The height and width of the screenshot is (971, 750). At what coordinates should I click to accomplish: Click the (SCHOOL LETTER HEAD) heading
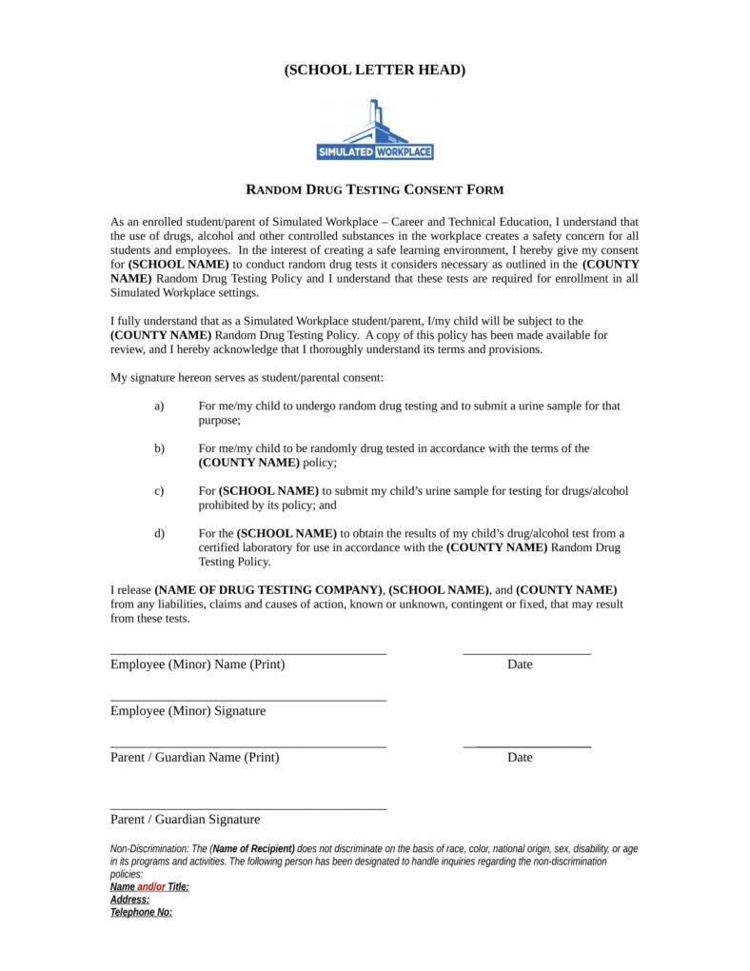(375, 69)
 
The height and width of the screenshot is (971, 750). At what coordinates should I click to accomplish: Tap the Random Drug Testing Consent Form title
(375, 189)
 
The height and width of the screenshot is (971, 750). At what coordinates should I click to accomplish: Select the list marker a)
(159, 406)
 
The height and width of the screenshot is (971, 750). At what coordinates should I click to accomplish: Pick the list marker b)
(159, 447)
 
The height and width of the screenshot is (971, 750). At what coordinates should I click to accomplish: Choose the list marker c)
(159, 490)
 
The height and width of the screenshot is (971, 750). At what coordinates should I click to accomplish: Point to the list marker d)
(159, 533)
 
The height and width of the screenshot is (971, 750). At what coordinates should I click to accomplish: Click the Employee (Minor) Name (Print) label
(197, 664)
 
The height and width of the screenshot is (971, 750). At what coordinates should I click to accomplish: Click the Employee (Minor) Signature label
(187, 711)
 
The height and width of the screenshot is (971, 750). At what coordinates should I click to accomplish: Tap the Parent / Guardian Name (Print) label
(194, 758)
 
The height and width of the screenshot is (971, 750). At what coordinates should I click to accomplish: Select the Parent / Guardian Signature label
(185, 819)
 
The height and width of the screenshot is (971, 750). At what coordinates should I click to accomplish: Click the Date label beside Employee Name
(520, 664)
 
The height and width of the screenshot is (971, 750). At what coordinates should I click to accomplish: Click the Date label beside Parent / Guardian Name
(520, 758)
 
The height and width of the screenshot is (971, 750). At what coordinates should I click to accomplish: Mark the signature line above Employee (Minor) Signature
(248, 701)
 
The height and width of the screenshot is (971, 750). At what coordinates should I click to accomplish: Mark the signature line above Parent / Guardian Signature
(248, 809)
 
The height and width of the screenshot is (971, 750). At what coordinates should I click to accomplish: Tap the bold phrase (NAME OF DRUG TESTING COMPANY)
(269, 589)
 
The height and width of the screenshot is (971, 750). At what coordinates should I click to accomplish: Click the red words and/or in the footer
(151, 887)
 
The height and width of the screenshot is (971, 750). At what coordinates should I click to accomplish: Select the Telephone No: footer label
(141, 912)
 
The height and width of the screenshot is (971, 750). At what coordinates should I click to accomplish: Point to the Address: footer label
(129, 900)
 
